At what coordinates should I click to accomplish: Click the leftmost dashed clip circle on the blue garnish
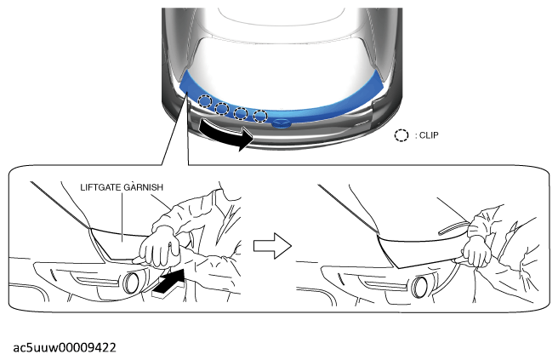pos(205,101)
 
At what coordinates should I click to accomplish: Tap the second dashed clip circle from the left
pos(222,108)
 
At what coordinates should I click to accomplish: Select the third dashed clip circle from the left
pos(241,113)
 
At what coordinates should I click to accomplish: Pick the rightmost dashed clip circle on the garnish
pos(260,116)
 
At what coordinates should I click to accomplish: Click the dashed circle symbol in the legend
pos(401,135)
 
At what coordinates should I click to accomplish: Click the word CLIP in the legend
pos(429,135)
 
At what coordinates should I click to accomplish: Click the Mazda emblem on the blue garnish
pos(281,123)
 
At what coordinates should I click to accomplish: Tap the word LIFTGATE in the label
pos(101,187)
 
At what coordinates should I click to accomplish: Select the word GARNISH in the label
pos(144,187)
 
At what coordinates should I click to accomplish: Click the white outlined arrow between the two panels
pos(272,246)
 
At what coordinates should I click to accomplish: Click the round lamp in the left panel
pos(131,283)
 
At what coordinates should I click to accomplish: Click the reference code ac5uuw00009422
pos(65,347)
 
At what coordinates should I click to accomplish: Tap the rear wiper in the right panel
pos(453,227)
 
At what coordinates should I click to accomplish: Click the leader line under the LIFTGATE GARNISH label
pos(122,217)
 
